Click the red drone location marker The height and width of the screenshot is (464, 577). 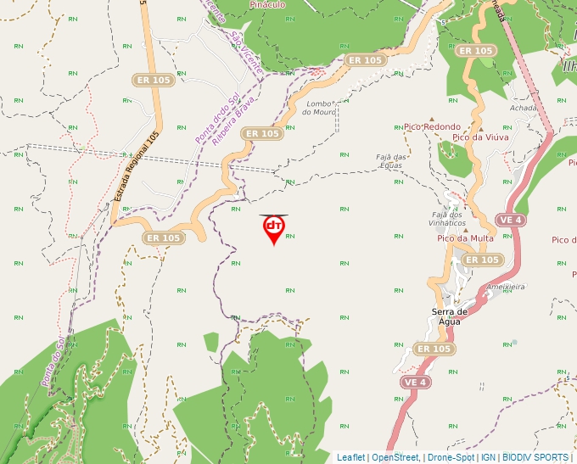pos(273,229)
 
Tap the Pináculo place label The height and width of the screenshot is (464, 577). pos(267,4)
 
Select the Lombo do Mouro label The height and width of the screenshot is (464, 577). pos(322,108)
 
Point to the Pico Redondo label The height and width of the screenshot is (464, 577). pos(433,127)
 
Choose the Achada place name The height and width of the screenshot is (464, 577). pos(524,109)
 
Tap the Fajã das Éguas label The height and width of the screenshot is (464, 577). pos(393,161)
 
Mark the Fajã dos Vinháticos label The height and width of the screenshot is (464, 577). pos(448,218)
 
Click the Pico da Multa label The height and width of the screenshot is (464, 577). pos(465,238)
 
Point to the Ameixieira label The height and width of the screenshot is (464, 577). pos(506,287)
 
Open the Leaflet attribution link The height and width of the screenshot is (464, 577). pos(350,457)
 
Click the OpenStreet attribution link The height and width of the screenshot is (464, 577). pos(395,457)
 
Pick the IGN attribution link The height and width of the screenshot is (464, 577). pos(488,457)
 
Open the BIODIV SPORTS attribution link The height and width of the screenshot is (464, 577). pos(535,457)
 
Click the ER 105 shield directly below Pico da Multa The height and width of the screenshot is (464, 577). pos(481,260)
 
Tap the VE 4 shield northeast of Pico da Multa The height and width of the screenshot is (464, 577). pos(510,220)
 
